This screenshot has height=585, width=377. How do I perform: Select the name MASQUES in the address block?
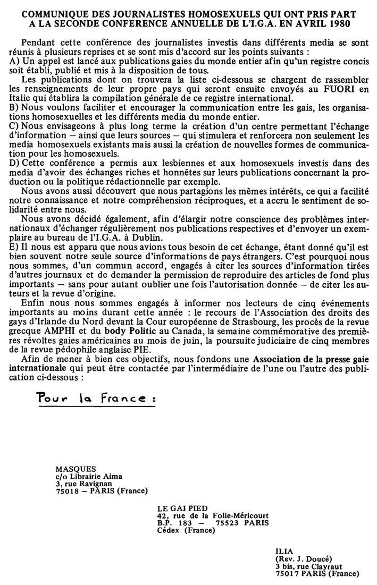[x=76, y=469]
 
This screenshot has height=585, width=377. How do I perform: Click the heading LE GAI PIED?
[x=179, y=508]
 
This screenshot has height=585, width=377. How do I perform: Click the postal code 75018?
[x=67, y=490]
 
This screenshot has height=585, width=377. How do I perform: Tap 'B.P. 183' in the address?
[x=173, y=522]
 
